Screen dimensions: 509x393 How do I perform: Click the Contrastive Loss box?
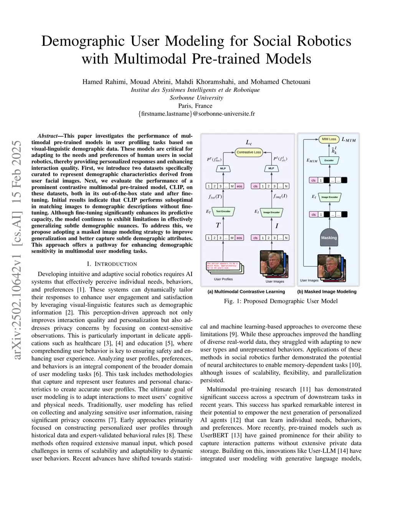pos(249,152)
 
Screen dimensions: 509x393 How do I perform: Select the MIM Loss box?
pos(329,139)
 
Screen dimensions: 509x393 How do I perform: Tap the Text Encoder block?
pos(223,212)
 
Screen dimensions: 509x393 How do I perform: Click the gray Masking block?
pos(329,237)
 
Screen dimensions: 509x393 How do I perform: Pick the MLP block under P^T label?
pos(223,168)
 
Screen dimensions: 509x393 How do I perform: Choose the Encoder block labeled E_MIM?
pos(329,160)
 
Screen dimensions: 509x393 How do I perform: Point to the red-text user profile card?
pos(223,265)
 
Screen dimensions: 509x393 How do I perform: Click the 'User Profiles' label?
pos(223,279)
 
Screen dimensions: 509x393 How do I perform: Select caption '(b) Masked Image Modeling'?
pos(327,292)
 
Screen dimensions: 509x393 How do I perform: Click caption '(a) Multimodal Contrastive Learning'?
pos(246,292)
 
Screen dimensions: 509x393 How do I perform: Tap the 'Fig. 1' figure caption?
pos(281,301)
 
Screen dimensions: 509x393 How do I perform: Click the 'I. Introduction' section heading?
pos(112,264)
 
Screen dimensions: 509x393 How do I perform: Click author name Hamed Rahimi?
pos(104,82)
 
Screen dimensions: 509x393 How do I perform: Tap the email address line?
pos(196,114)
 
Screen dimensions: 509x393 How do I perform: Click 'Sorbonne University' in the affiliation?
pos(196,98)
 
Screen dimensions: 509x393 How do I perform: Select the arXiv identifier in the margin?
pos(17,251)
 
